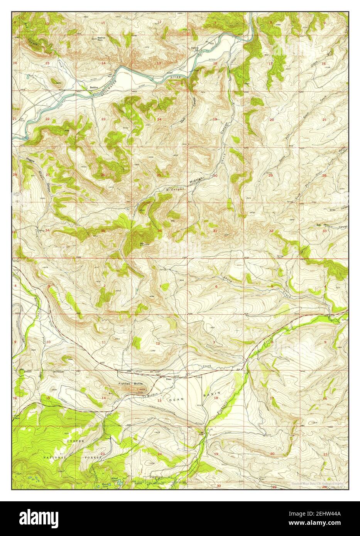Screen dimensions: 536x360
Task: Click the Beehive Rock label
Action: click(x=101, y=39)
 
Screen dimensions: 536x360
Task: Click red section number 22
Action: click(x=47, y=119)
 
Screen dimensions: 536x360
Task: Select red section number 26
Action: click(x=103, y=175)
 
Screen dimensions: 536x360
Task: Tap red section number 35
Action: click(x=103, y=231)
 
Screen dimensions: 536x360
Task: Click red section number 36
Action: click(x=159, y=231)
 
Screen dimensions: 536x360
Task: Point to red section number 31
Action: click(x=215, y=231)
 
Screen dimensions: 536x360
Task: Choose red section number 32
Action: click(x=271, y=231)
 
